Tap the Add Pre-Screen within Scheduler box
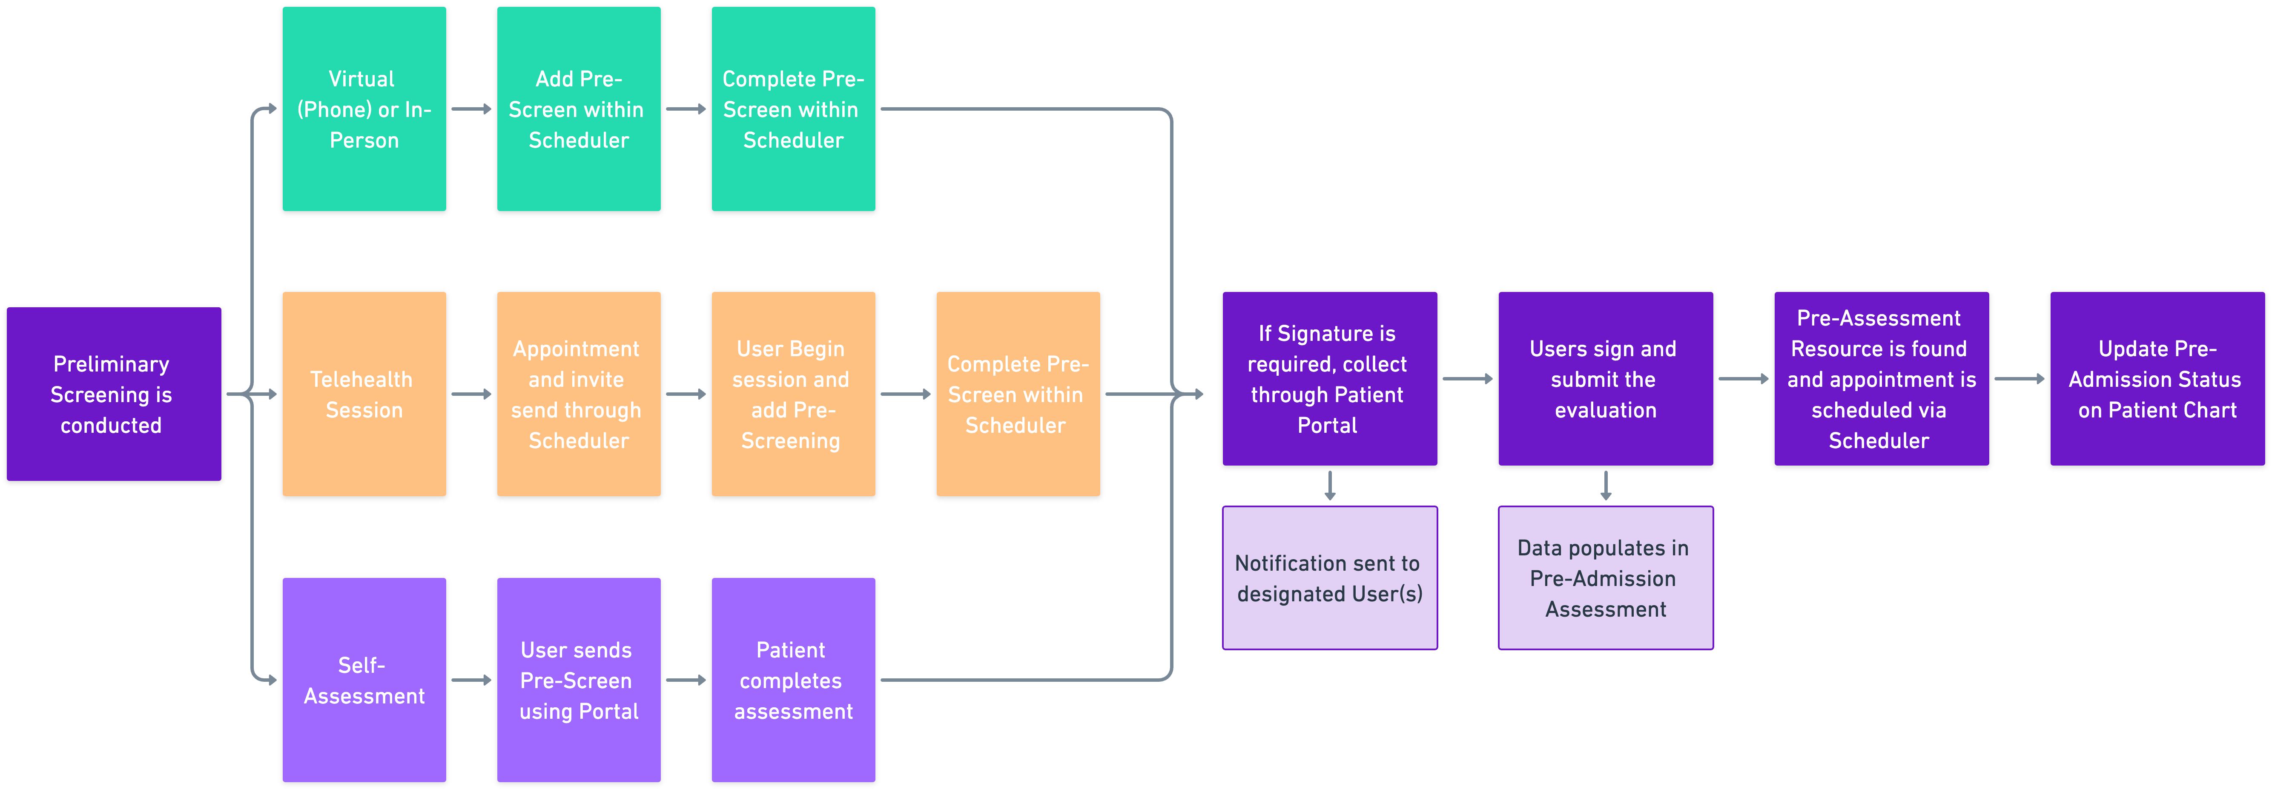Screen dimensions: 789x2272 click(579, 109)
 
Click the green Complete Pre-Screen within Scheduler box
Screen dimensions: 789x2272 click(793, 109)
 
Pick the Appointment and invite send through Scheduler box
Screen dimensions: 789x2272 click(579, 394)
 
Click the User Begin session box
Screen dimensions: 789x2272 click(793, 394)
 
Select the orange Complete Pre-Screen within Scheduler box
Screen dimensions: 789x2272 click(1018, 394)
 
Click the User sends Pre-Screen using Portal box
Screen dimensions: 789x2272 click(579, 680)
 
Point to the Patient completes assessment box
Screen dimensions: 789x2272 click(793, 680)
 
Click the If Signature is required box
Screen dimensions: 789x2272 click(1329, 379)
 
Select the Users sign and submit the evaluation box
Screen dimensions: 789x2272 click(1605, 379)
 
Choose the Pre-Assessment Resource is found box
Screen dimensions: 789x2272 click(1881, 379)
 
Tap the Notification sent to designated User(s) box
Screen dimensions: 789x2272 click(1329, 578)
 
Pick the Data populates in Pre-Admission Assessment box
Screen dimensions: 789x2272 click(1605, 578)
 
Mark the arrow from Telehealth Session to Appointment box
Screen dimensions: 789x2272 click(471, 394)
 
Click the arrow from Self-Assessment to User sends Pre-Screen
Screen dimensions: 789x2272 click(471, 680)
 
